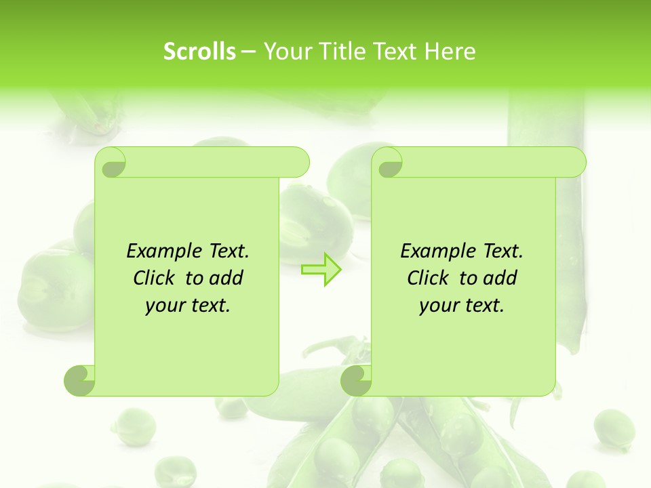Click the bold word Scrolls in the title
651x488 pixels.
click(199, 52)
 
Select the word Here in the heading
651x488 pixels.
click(449, 52)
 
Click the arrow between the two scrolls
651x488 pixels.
click(321, 269)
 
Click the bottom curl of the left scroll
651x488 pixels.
click(80, 380)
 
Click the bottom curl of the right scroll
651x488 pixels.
click(357, 380)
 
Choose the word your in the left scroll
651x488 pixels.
click(165, 305)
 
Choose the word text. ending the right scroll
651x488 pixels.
click(484, 305)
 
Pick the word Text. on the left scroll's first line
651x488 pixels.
click(226, 251)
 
